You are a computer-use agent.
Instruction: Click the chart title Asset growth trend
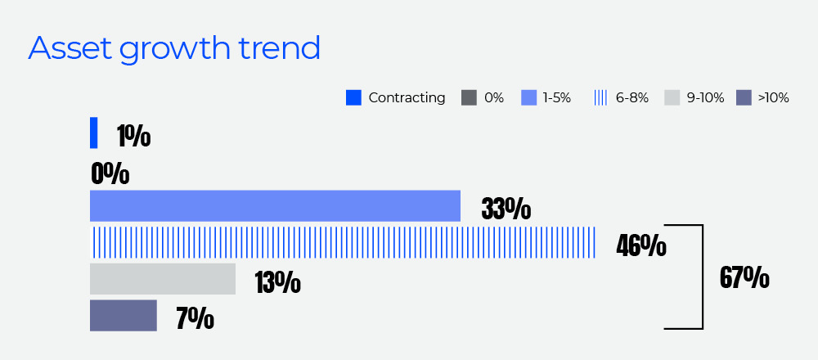173,49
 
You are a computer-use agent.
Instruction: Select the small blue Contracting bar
93,133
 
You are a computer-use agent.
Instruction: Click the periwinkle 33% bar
275,205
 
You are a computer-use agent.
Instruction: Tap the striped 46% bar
343,243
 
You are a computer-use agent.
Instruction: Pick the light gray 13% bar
162,279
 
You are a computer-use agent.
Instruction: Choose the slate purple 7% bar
123,315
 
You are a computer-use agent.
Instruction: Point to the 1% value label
133,136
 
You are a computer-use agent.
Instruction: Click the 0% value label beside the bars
110,173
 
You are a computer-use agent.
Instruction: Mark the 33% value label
506,209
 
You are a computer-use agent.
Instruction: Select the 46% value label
640,245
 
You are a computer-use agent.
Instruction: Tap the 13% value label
277,282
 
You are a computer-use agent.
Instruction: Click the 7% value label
195,318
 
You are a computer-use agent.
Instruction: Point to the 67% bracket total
744,277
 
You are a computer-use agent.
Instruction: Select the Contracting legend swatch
353,98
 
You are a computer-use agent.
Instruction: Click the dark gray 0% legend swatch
469,98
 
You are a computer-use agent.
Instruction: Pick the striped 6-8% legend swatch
600,98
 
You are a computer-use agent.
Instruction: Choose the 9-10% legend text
705,98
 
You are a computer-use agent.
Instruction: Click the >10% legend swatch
744,98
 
